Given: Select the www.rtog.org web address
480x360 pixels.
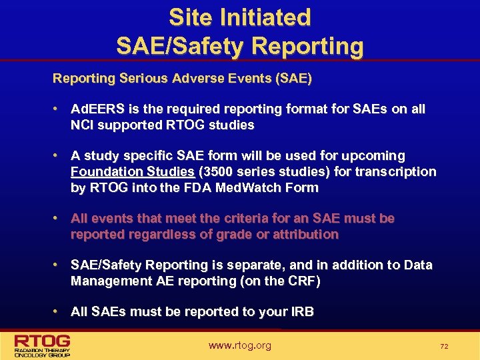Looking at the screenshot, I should click(239, 345).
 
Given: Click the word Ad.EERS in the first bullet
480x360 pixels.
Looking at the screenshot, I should click(93, 109).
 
